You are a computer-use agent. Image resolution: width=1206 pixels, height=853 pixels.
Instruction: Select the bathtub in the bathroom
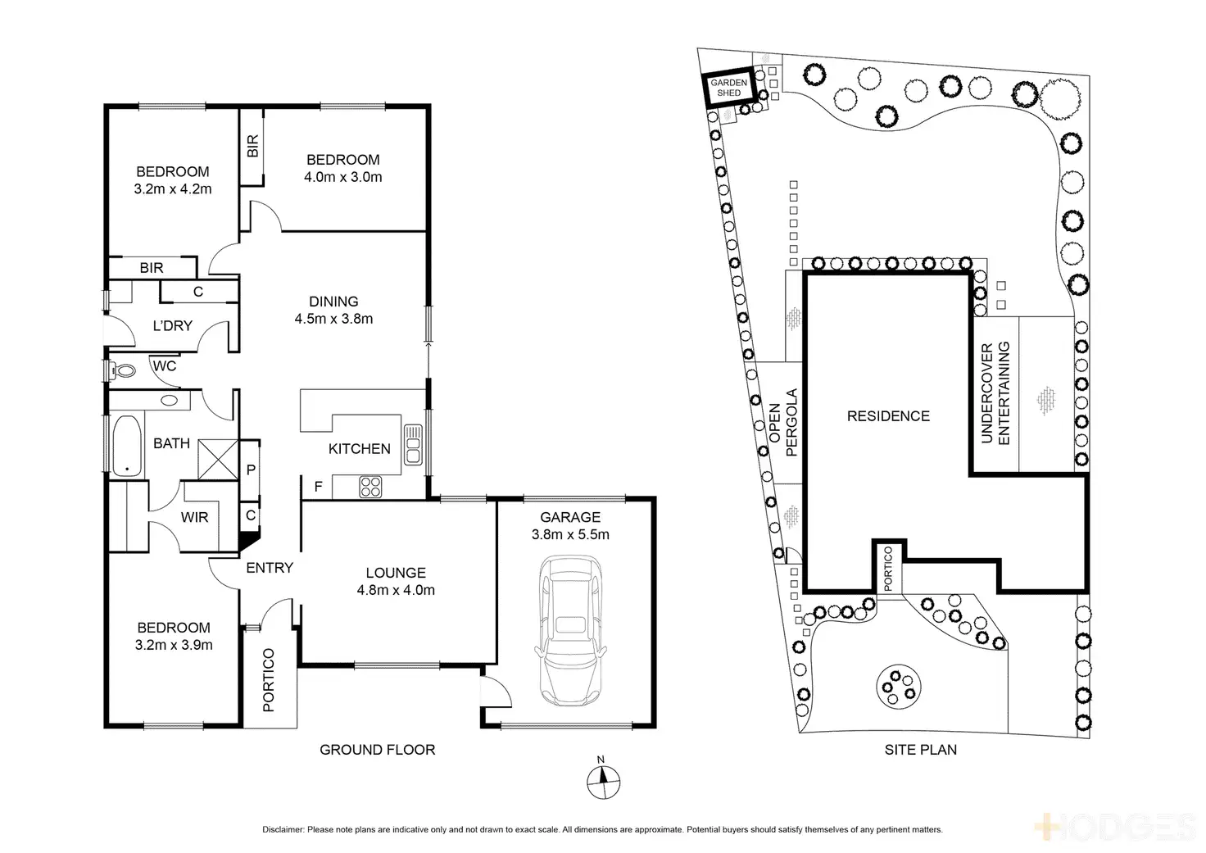126,447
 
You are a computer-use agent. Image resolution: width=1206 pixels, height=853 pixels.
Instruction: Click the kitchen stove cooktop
370,487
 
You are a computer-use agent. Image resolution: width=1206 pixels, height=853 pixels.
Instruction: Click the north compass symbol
603,781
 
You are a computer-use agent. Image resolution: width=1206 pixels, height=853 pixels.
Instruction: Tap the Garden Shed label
728,88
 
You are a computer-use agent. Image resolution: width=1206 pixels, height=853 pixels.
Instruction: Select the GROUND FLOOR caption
377,750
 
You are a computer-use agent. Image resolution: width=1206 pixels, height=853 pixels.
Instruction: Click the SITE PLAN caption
920,750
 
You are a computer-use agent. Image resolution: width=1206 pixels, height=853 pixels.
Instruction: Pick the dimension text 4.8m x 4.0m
396,590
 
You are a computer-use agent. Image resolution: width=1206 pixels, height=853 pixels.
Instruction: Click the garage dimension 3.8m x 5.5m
570,534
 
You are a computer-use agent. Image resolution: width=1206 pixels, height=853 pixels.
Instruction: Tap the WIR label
194,517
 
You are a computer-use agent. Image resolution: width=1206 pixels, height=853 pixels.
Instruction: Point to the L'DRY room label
172,325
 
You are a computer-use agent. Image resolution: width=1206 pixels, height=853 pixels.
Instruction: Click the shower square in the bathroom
218,459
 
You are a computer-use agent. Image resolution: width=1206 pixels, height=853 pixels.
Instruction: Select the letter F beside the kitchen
318,487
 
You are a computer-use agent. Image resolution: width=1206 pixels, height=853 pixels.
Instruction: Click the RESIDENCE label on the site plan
888,416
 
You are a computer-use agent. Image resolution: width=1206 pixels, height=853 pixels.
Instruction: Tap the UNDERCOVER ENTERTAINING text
995,393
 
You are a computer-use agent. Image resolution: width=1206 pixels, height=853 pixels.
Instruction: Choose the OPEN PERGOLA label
783,422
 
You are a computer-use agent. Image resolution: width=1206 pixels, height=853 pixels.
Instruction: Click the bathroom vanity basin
170,401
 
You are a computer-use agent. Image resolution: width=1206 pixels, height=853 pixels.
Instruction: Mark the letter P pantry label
251,470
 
